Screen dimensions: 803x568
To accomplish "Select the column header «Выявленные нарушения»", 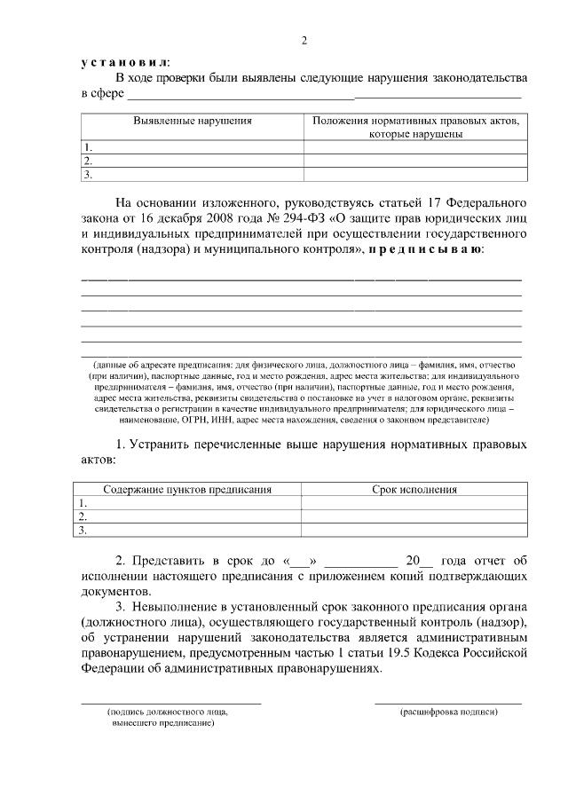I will click(x=193, y=120).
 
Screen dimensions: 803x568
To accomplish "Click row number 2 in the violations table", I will click(x=88, y=161).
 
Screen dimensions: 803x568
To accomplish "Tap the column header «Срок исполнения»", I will click(x=414, y=489).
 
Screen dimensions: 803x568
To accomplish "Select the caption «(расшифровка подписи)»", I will click(x=448, y=712).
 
